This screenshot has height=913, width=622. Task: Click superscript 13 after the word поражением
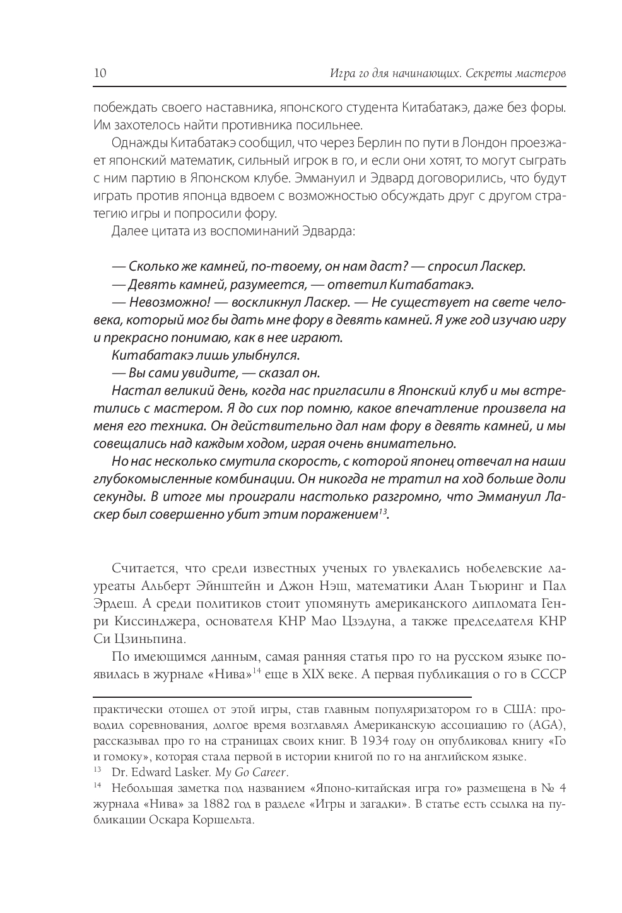(382, 510)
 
